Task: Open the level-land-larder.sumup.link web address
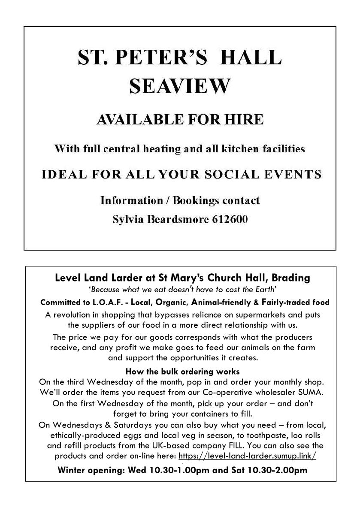[x=247, y=456]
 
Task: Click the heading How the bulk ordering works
[x=182, y=371]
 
